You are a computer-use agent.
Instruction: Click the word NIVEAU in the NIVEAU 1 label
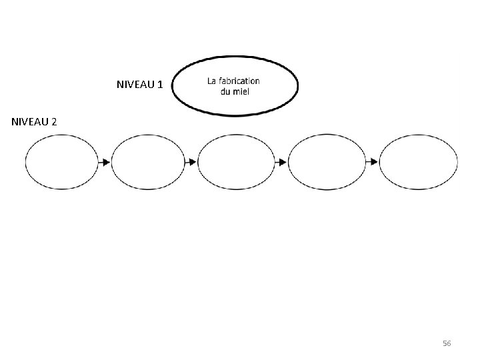(135, 85)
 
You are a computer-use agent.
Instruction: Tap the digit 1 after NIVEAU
(160, 85)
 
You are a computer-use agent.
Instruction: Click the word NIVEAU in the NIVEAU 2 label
(29, 122)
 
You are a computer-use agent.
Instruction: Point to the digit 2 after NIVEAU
(54, 122)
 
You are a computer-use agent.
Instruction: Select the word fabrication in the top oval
(239, 81)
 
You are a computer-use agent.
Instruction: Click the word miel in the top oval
(241, 91)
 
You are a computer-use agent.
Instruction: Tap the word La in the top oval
(212, 81)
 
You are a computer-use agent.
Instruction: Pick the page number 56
(447, 343)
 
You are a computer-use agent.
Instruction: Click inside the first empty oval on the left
(61, 162)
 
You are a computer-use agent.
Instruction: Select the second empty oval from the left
(147, 162)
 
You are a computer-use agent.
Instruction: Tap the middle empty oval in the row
(236, 162)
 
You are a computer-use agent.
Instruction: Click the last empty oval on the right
(419, 162)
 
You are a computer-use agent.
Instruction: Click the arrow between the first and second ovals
(105, 162)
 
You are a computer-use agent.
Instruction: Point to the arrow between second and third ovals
(191, 162)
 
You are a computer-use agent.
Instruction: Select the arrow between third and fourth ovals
(281, 162)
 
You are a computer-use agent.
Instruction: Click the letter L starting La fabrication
(210, 81)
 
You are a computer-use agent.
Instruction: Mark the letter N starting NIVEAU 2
(15, 122)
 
